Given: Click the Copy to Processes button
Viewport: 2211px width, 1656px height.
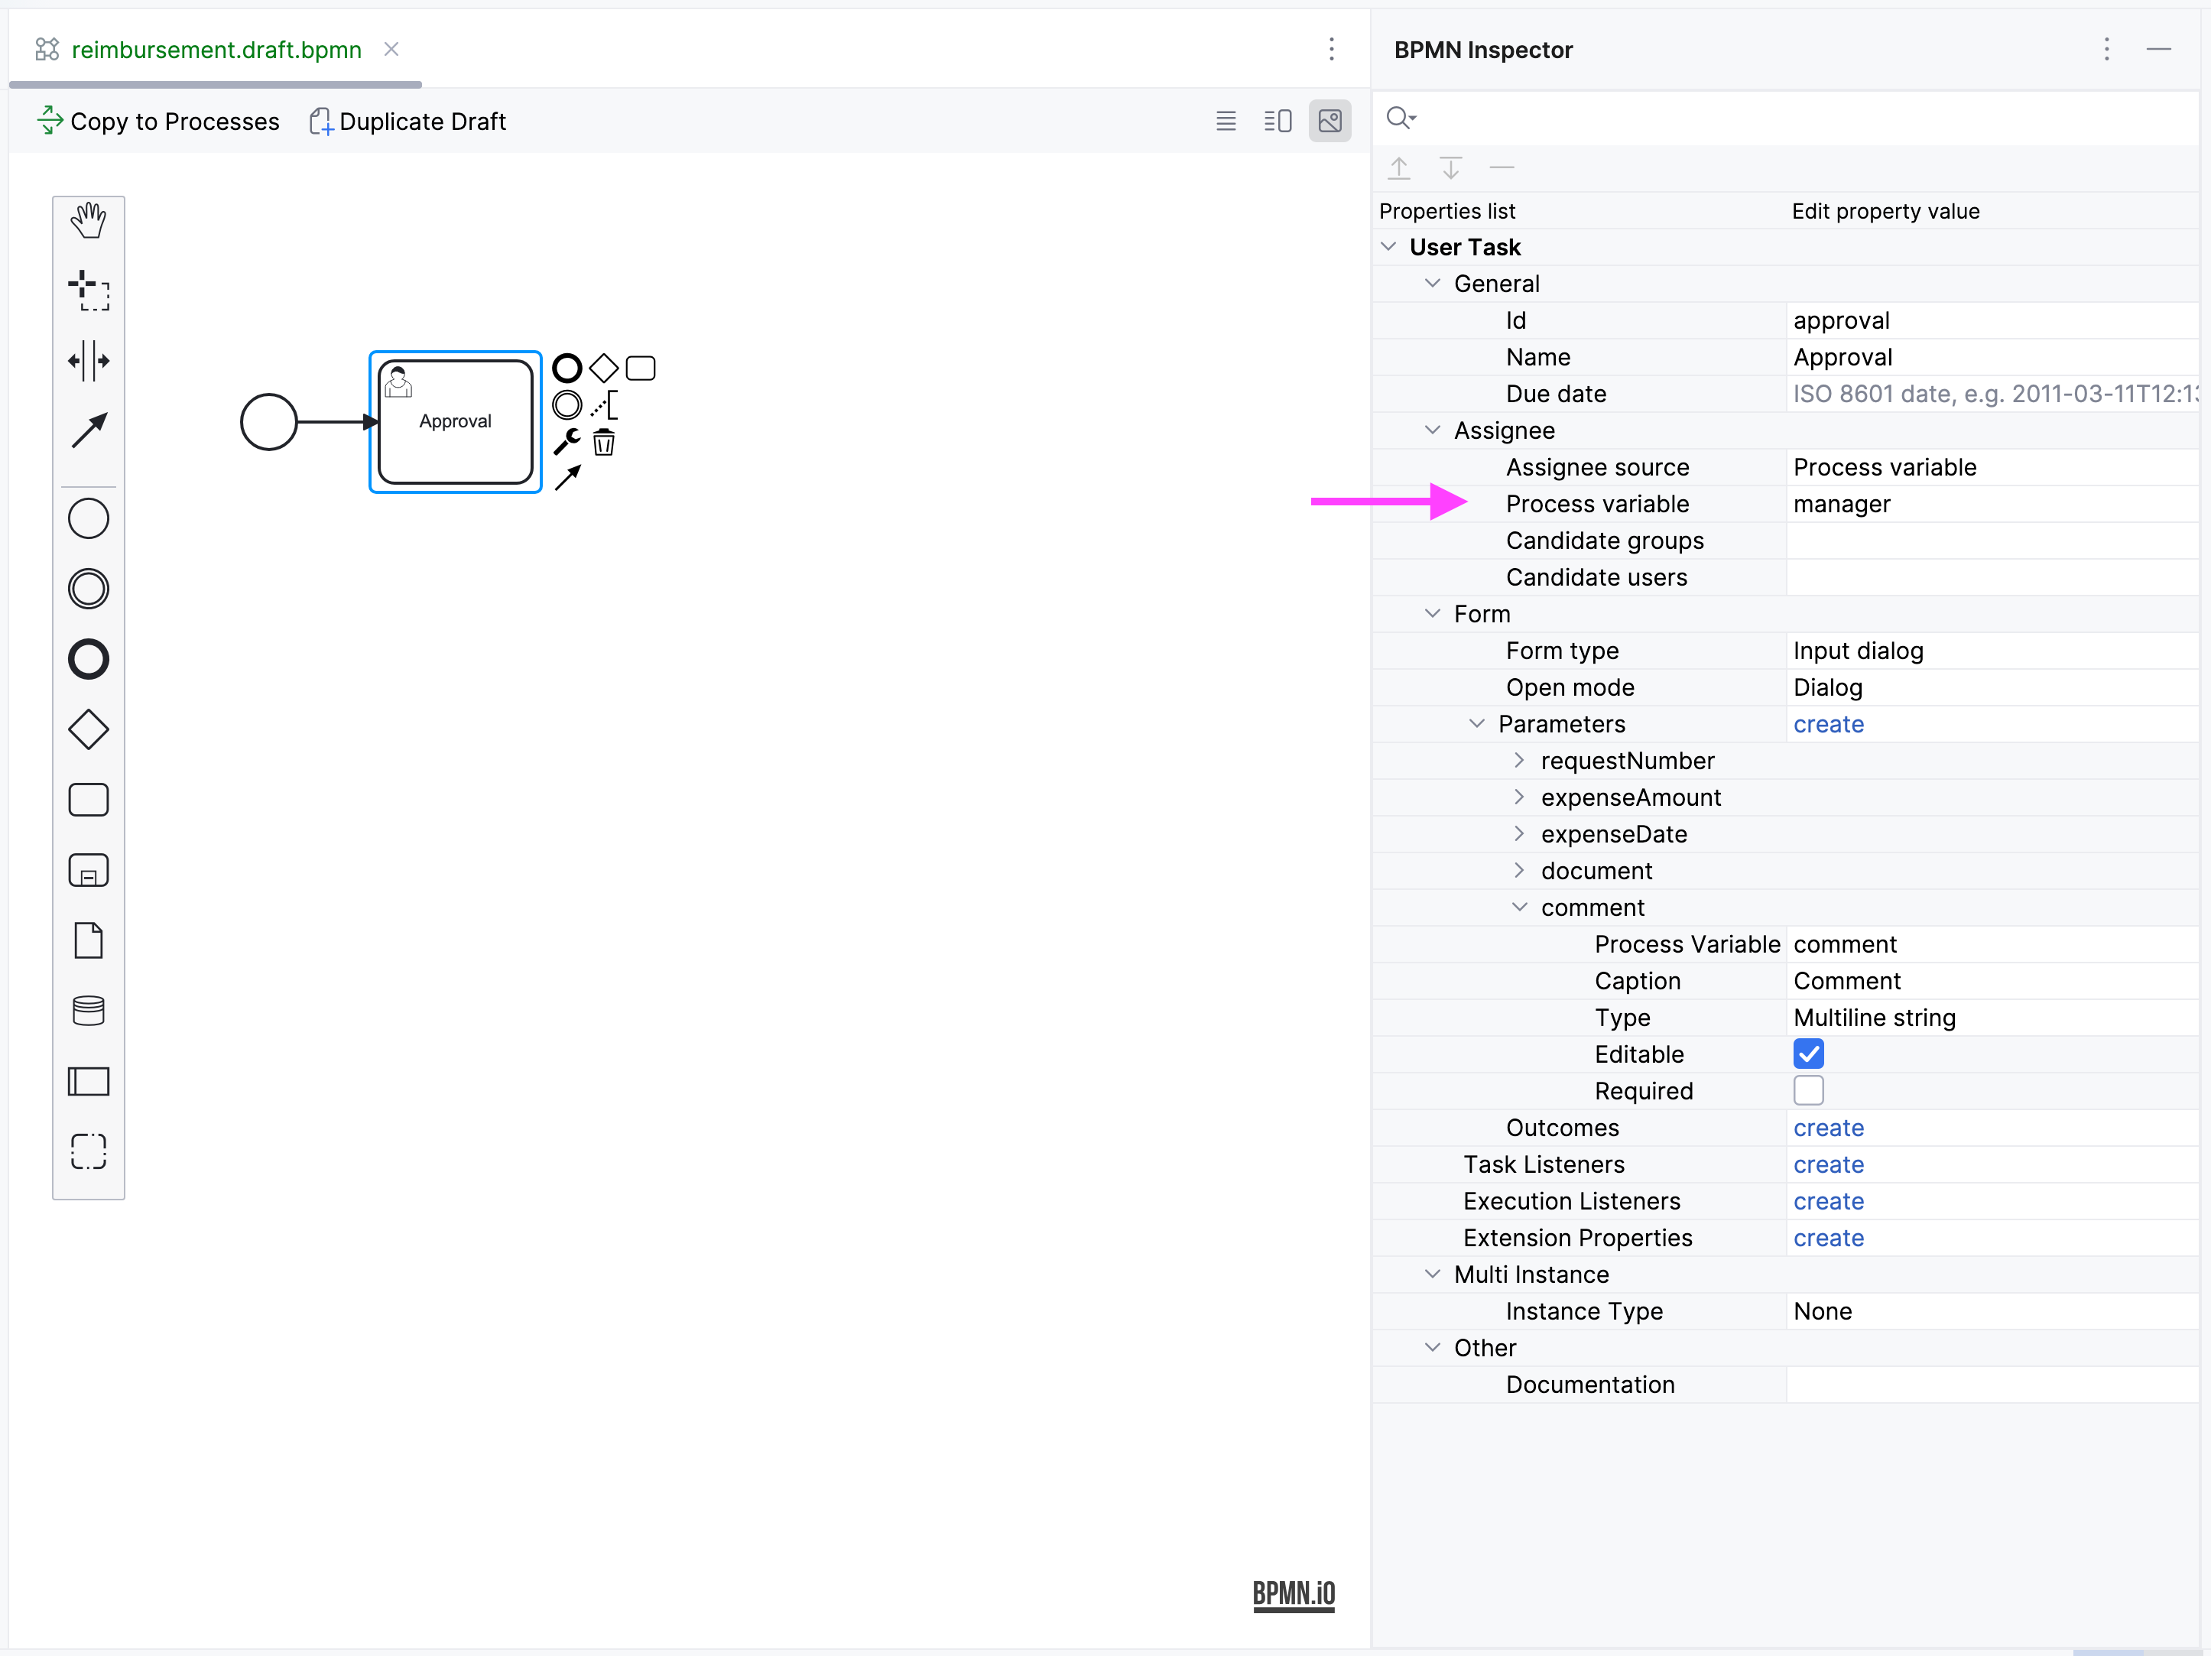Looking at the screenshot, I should click(x=158, y=121).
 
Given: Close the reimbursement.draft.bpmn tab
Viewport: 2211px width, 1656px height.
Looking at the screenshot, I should click(x=392, y=49).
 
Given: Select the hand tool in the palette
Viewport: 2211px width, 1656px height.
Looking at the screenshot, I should click(x=89, y=220).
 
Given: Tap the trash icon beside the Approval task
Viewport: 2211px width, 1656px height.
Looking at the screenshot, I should click(x=604, y=442).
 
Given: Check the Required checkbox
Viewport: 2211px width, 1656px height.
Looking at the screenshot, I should click(x=1808, y=1090).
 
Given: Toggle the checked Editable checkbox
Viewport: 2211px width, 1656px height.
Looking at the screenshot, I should click(x=1808, y=1054).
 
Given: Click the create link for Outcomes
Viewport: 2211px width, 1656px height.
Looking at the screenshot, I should click(x=1828, y=1128).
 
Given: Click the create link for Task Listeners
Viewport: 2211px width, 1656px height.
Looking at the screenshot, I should click(x=1828, y=1164).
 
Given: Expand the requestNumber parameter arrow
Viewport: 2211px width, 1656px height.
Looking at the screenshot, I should click(x=1519, y=761).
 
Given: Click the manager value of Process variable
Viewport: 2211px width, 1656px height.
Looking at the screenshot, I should click(x=1841, y=504).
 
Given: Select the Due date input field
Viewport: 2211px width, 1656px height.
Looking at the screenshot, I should click(x=1989, y=394).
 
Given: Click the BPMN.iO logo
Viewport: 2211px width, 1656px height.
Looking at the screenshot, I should click(x=1294, y=1593).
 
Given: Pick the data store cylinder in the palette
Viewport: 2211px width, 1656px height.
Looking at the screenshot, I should click(x=89, y=1011).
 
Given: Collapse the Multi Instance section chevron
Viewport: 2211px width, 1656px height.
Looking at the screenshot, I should click(x=1433, y=1274).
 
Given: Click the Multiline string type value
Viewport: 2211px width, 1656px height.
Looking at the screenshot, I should click(x=1874, y=1018).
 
